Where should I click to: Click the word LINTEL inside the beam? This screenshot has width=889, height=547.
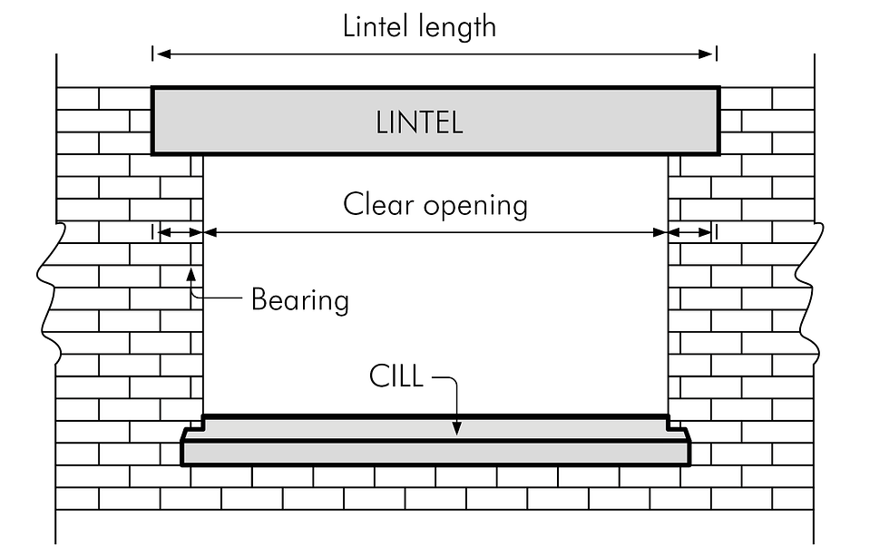[x=419, y=122]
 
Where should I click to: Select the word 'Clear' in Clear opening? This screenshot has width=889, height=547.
[x=379, y=204]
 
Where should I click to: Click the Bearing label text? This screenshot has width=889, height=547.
[x=299, y=299]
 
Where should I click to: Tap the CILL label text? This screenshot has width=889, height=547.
[x=396, y=376]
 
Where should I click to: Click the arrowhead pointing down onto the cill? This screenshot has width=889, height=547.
[x=458, y=427]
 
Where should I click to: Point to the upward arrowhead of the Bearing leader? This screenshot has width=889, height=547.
[x=190, y=272]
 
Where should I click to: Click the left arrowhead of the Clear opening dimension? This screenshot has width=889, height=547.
[x=211, y=233]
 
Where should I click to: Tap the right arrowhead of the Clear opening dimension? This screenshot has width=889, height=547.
[x=659, y=233]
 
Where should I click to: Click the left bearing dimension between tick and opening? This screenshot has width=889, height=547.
[x=178, y=233]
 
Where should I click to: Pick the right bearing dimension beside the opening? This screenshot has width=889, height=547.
[x=692, y=233]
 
